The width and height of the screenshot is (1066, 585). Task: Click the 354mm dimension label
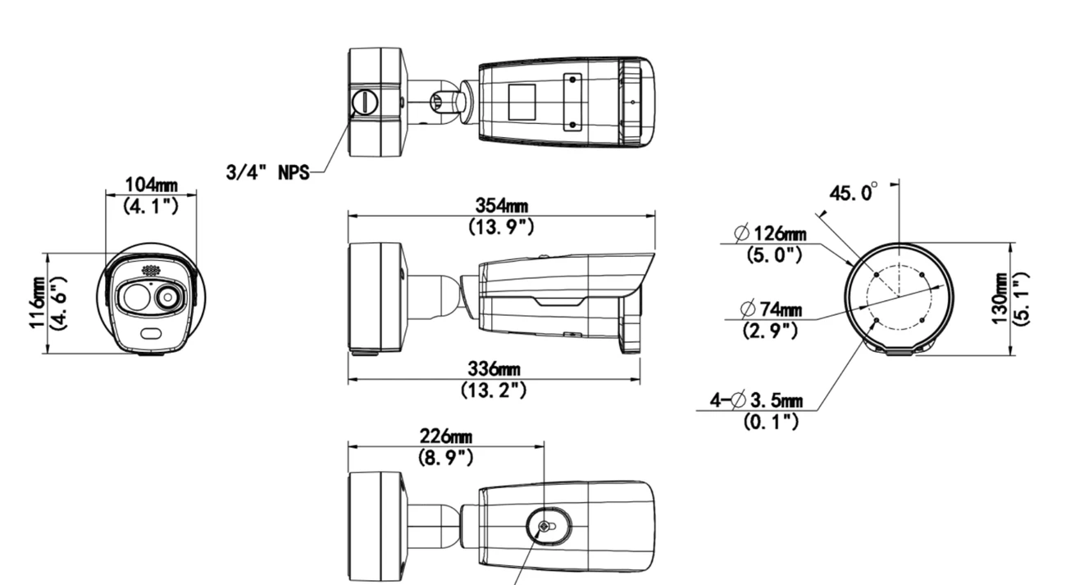coord(502,206)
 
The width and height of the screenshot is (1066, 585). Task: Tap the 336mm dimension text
coord(494,369)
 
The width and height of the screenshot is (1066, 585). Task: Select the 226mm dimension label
coord(446,436)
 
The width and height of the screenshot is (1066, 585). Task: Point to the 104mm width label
coord(152,185)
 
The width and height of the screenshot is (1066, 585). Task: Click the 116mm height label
coord(37,303)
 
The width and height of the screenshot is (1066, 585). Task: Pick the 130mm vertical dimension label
coord(1000,299)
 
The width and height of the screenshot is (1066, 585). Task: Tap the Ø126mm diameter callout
coord(771,234)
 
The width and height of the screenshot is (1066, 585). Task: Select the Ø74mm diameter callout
coord(772,309)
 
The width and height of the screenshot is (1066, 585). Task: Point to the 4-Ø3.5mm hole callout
coord(756,400)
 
